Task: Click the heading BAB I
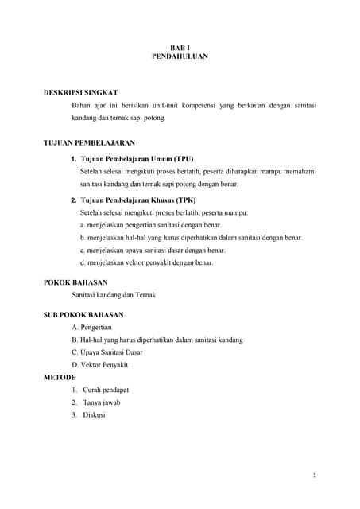tap(180, 47)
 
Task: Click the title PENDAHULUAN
tap(180, 56)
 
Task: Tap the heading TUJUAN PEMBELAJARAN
tap(89, 143)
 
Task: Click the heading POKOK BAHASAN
tap(75, 282)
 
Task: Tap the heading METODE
tap(60, 377)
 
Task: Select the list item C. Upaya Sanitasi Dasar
tap(109, 352)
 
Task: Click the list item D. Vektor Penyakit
tap(99, 365)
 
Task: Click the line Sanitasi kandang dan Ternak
tap(114, 295)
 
